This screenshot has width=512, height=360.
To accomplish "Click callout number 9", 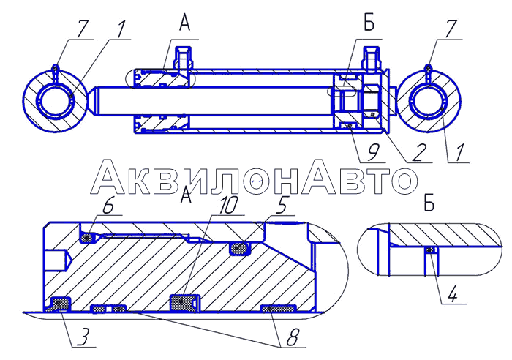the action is point(373,152).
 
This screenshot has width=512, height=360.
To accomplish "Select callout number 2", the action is point(418,152).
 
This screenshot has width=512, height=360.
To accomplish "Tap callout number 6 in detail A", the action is point(109,206).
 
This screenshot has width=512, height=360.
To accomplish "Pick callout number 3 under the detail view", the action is point(83,337).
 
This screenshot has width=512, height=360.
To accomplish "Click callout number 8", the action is point(293,337).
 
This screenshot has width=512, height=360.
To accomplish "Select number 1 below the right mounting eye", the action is point(459,152).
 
